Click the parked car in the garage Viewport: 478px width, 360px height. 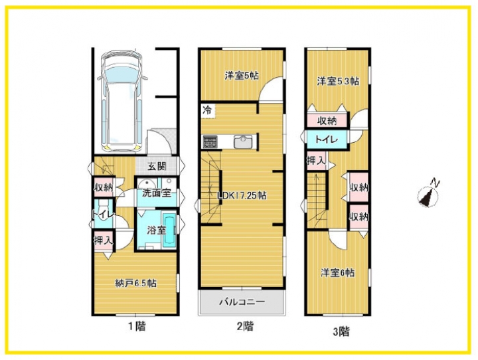122,101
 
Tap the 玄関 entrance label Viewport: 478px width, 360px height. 157,167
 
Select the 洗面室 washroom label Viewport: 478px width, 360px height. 157,193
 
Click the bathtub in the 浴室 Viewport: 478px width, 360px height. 169,230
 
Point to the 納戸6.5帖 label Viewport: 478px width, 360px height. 136,284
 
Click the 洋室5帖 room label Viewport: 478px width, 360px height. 242,76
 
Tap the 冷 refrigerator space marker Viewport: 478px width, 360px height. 207,110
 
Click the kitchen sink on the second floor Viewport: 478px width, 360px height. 243,142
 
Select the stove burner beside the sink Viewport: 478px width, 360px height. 210,141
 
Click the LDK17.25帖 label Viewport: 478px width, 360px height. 242,195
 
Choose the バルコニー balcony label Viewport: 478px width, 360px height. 242,302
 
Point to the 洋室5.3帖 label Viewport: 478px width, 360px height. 338,81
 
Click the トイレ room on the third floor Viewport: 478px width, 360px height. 327,139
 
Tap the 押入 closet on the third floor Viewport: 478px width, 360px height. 316,161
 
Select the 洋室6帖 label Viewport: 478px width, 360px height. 337,272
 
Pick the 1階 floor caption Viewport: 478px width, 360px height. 136,326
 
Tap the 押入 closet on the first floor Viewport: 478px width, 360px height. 104,240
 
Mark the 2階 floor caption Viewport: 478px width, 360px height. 245,326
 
